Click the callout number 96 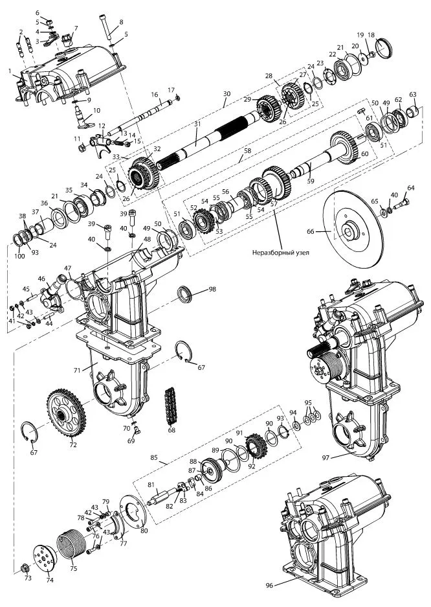pyautogui.click(x=269, y=585)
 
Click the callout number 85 pyautogui.click(x=154, y=457)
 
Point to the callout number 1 pyautogui.click(x=10, y=69)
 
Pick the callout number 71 pyautogui.click(x=76, y=370)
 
